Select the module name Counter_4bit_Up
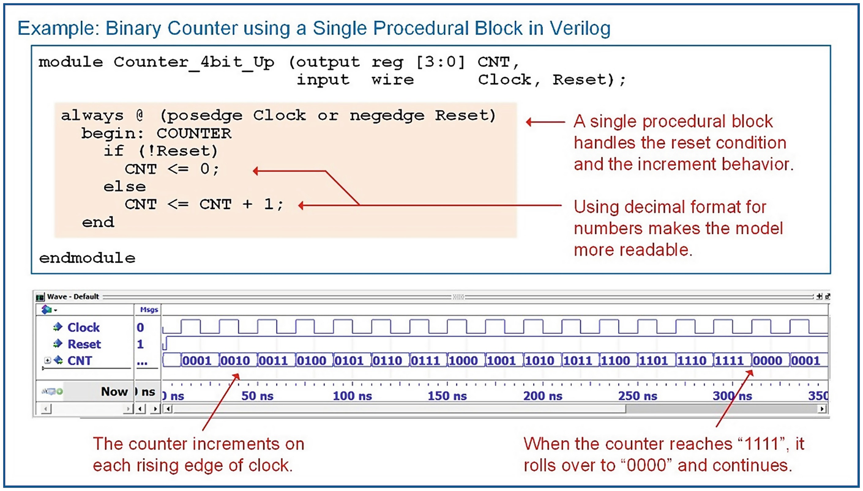193,62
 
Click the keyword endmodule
87,257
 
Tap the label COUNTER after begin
194,133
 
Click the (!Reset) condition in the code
177,151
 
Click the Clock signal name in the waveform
84,327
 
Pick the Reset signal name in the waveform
84,344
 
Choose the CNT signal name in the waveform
80,361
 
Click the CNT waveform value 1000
463,361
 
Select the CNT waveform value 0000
767,361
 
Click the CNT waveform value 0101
349,361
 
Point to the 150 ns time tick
447,396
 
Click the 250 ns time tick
638,396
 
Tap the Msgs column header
149,310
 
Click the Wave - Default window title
73,297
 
